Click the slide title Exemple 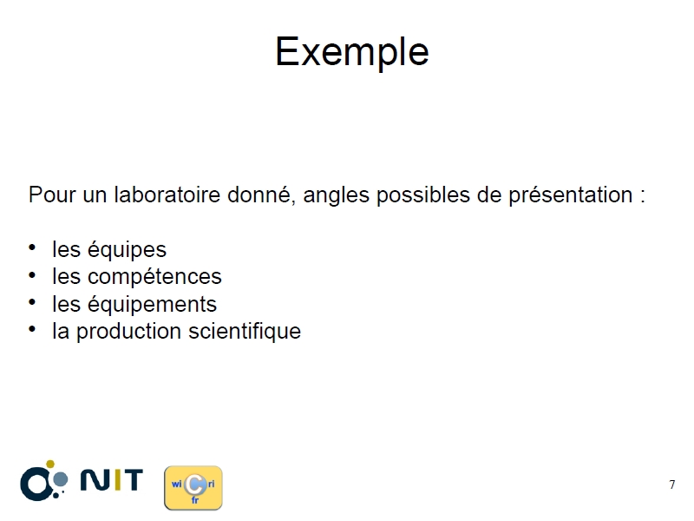tap(352, 52)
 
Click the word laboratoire tap(167, 195)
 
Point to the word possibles tap(423, 195)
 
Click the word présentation tap(570, 195)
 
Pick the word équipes tap(127, 250)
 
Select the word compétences tap(154, 277)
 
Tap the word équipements tap(152, 305)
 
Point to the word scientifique tap(245, 332)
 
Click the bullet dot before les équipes tap(32, 247)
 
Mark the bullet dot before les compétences tap(32, 275)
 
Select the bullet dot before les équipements tap(32, 302)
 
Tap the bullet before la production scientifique tap(32, 330)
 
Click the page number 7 tap(671, 485)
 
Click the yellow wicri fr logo tap(193, 488)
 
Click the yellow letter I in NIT tap(112, 480)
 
